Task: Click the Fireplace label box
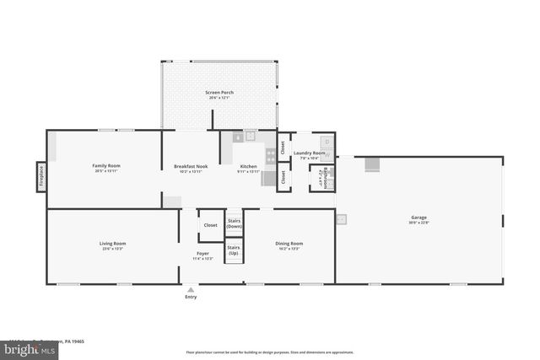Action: click(40, 177)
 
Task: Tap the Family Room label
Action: click(106, 167)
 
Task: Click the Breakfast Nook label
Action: click(190, 167)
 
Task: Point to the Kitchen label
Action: click(249, 168)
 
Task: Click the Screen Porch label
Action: click(220, 94)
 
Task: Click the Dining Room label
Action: click(289, 245)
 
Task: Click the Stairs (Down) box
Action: click(234, 224)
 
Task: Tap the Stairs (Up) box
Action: click(234, 251)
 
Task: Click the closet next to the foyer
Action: click(210, 225)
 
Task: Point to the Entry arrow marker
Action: click(191, 288)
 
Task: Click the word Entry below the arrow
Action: click(191, 297)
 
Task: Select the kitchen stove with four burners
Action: click(270, 154)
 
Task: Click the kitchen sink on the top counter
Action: click(249, 135)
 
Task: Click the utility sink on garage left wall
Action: click(341, 219)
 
